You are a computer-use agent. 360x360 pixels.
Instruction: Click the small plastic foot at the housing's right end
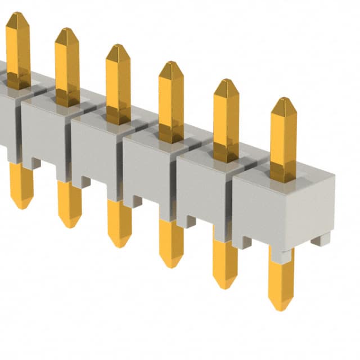pos(321,239)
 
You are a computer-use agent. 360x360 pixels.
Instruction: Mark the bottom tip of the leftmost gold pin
pos(22,206)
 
